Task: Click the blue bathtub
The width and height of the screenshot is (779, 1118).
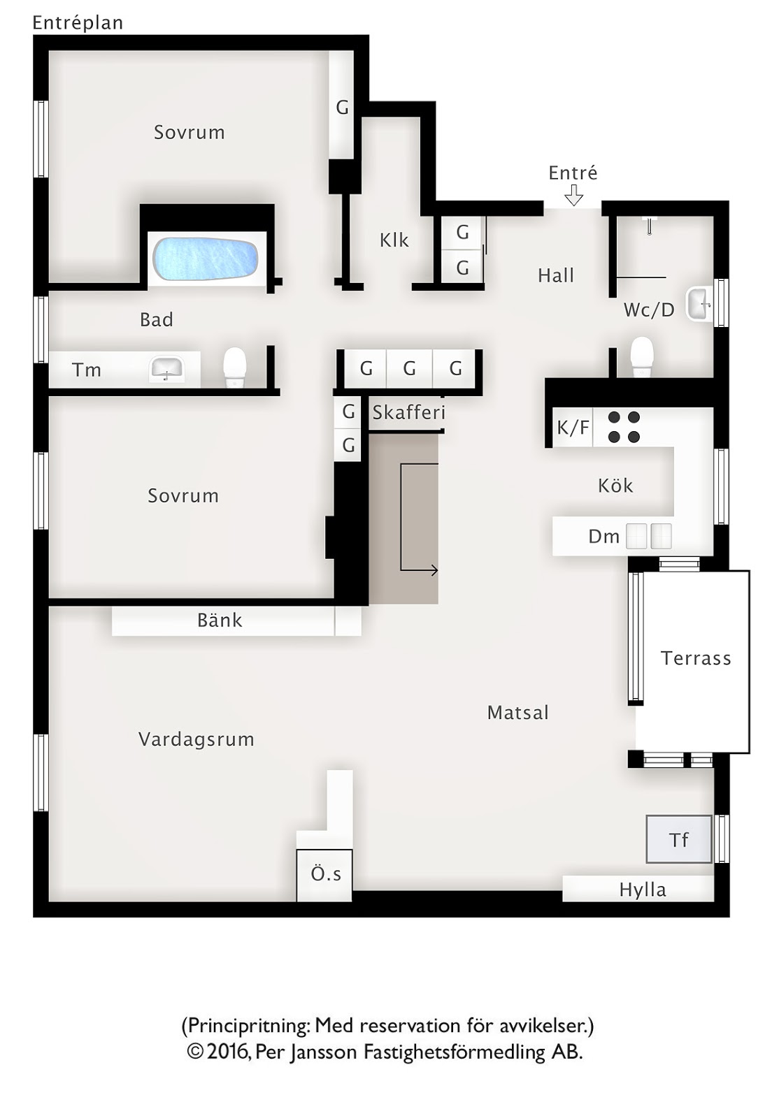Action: click(206, 259)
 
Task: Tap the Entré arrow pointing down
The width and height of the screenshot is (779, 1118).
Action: click(574, 195)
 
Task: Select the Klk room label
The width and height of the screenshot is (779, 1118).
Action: click(394, 240)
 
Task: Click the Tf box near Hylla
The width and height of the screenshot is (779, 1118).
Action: click(678, 839)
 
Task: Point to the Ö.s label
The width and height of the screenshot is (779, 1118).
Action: click(326, 873)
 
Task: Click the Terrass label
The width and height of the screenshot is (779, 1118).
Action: click(696, 658)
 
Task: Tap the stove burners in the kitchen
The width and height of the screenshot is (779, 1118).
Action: click(624, 427)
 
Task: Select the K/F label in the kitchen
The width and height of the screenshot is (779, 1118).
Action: click(573, 427)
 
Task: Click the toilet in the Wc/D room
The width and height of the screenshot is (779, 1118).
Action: click(642, 356)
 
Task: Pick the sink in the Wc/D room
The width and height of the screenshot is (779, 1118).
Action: click(699, 303)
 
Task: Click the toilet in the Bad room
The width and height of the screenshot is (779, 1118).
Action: click(235, 367)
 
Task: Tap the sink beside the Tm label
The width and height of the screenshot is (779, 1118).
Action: click(167, 369)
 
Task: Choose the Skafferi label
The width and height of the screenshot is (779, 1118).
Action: click(408, 412)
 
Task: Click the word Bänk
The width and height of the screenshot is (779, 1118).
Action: click(220, 620)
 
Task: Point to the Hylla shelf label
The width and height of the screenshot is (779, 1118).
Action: click(643, 890)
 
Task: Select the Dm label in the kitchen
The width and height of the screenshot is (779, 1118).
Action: click(603, 537)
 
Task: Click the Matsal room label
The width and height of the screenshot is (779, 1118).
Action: click(518, 712)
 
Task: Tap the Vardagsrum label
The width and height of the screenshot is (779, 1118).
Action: click(196, 740)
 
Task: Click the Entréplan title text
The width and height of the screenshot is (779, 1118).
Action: click(78, 23)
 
